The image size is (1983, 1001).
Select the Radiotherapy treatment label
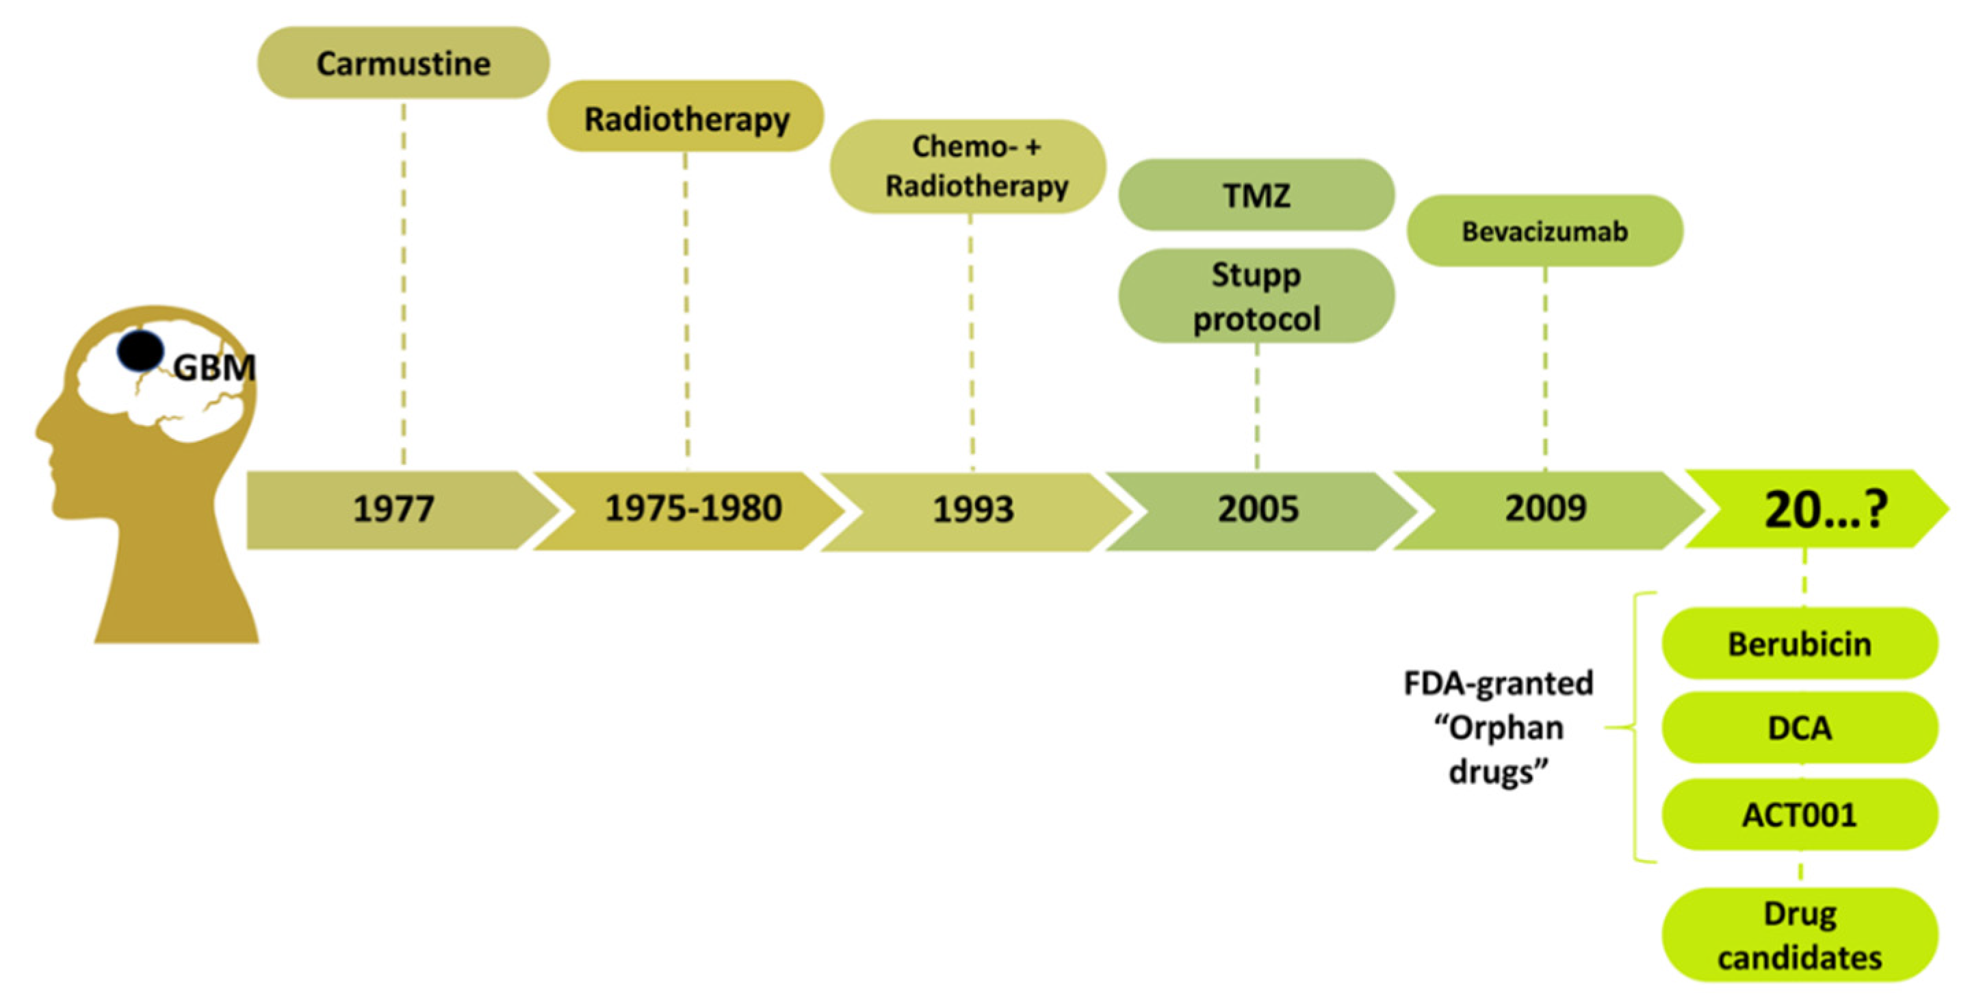pos(686,117)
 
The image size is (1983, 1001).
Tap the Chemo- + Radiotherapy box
pos(968,166)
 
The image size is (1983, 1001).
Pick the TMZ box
pos(1256,195)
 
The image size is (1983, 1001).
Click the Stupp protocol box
pos(1256,296)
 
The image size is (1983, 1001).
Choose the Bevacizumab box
pos(1545,231)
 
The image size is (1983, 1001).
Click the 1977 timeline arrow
pos(394,509)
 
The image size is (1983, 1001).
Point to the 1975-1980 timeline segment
pos(692,509)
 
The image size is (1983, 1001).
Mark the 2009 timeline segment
pos(1546,509)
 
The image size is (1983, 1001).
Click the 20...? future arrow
pos(1824,509)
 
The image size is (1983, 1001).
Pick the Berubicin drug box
pos(1800,644)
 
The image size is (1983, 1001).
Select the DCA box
pos(1800,728)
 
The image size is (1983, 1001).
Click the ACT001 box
pos(1800,815)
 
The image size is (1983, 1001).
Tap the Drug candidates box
pos(1800,935)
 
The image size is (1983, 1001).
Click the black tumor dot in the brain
pos(140,351)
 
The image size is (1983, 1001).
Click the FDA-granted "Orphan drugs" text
pos(1498,728)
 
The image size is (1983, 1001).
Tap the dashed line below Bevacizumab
pos(1545,370)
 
